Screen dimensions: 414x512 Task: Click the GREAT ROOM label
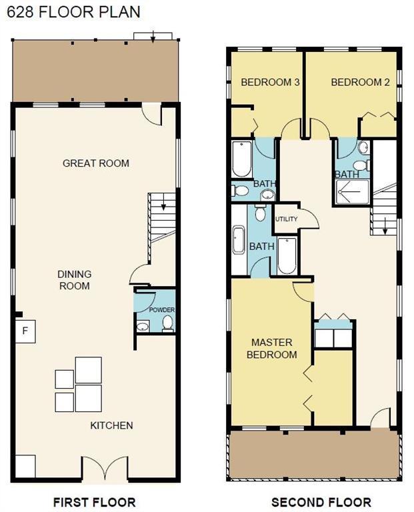(95, 163)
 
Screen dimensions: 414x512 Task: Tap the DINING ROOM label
(75, 280)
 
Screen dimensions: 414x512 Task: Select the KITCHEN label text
(111, 425)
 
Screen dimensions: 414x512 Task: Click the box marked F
(25, 331)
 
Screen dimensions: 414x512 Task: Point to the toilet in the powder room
(167, 323)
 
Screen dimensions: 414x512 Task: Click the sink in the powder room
(143, 326)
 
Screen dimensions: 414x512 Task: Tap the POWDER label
(162, 309)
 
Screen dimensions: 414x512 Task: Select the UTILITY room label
(286, 219)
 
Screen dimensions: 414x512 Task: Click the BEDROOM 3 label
(270, 82)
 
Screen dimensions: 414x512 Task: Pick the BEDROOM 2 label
(360, 82)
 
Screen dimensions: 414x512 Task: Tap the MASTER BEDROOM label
(271, 349)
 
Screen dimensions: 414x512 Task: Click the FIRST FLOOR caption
(95, 502)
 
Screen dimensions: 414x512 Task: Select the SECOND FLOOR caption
(321, 502)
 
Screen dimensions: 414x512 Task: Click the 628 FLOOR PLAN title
(74, 13)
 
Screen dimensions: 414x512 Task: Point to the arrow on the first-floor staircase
(163, 204)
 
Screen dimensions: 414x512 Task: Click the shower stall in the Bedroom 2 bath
(353, 192)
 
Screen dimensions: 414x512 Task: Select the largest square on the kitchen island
(89, 370)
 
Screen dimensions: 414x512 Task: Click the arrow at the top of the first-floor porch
(153, 37)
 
